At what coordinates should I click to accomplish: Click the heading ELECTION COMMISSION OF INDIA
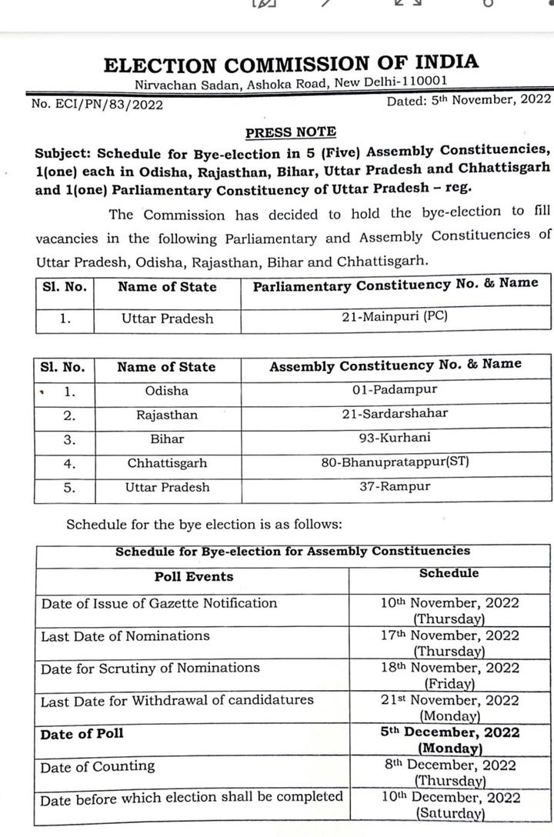pyautogui.click(x=291, y=64)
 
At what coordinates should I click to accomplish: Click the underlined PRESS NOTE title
pyautogui.click(x=290, y=132)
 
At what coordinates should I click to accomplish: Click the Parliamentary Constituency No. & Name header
pyautogui.click(x=395, y=285)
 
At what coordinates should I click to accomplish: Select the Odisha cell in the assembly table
pyautogui.click(x=166, y=391)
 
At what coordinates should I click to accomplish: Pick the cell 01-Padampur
pyautogui.click(x=395, y=389)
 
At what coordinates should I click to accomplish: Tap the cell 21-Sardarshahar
pyautogui.click(x=395, y=414)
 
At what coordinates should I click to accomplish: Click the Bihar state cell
pyautogui.click(x=167, y=439)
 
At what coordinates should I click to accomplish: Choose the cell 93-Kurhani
pyautogui.click(x=395, y=438)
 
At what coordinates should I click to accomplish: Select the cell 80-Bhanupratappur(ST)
pyautogui.click(x=395, y=463)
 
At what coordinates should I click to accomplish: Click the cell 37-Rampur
pyautogui.click(x=395, y=486)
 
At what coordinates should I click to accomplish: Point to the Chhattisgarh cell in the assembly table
pyautogui.click(x=167, y=464)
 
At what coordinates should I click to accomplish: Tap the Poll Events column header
pyautogui.click(x=194, y=576)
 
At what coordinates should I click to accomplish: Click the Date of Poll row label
pyautogui.click(x=82, y=734)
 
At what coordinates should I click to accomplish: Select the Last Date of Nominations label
pyautogui.click(x=125, y=636)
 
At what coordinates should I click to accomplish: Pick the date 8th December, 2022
pyautogui.click(x=449, y=765)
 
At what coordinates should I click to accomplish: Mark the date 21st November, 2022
pyautogui.click(x=449, y=700)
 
